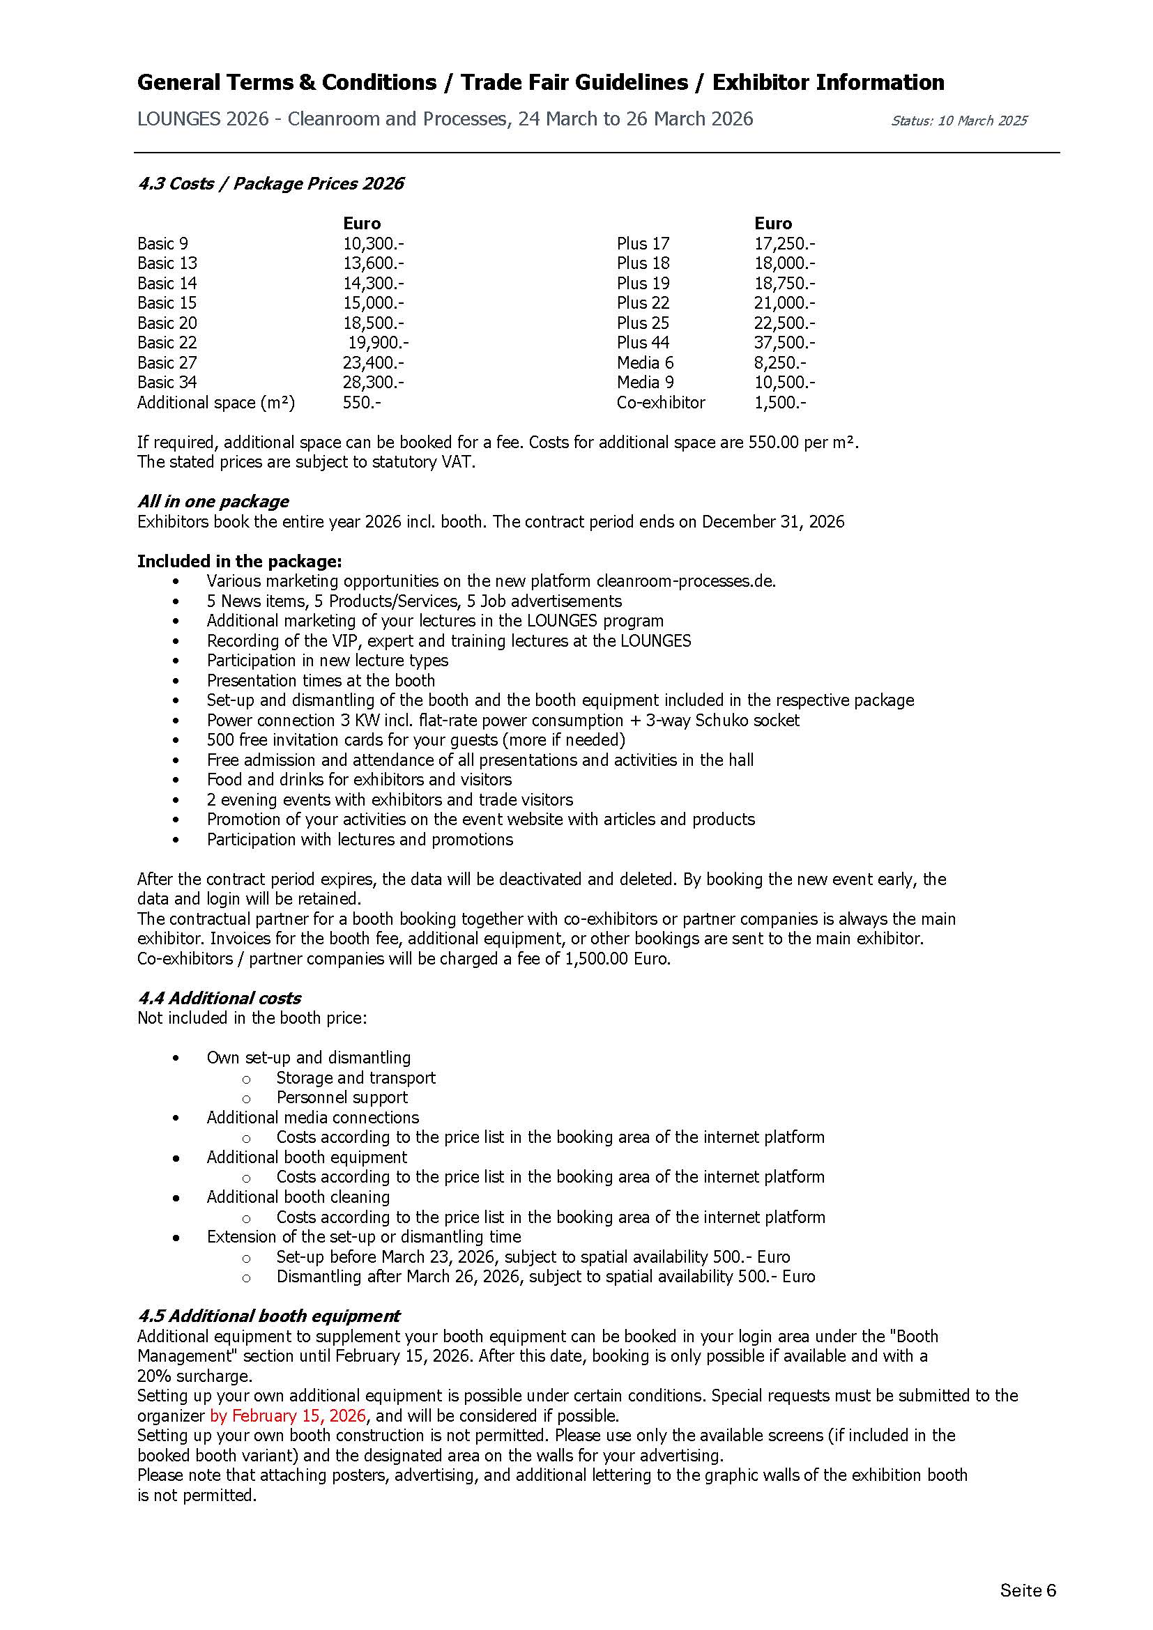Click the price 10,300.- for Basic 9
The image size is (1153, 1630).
pyautogui.click(x=374, y=243)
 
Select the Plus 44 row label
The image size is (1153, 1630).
pyautogui.click(x=643, y=343)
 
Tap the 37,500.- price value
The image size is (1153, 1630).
pyautogui.click(x=784, y=343)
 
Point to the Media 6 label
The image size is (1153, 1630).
pyautogui.click(x=645, y=363)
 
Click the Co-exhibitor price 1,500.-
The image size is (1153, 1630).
pyautogui.click(x=779, y=403)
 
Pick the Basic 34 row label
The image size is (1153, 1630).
pyautogui.click(x=167, y=383)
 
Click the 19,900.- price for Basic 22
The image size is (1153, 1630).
pyautogui.click(x=378, y=343)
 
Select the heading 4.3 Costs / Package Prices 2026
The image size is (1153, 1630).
pyautogui.click(x=270, y=184)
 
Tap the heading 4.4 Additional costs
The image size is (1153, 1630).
pyautogui.click(x=219, y=998)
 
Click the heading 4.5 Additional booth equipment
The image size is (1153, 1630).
pyautogui.click(x=268, y=1316)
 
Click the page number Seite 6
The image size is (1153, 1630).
pyautogui.click(x=1028, y=1591)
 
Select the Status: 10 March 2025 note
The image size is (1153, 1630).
pyautogui.click(x=959, y=121)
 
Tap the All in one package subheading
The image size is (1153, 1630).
pyautogui.click(x=213, y=501)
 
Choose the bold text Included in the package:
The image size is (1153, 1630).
pyautogui.click(x=239, y=562)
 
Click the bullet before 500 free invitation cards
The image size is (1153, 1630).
pyautogui.click(x=176, y=741)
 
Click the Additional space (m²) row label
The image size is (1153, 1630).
pyautogui.click(x=216, y=403)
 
